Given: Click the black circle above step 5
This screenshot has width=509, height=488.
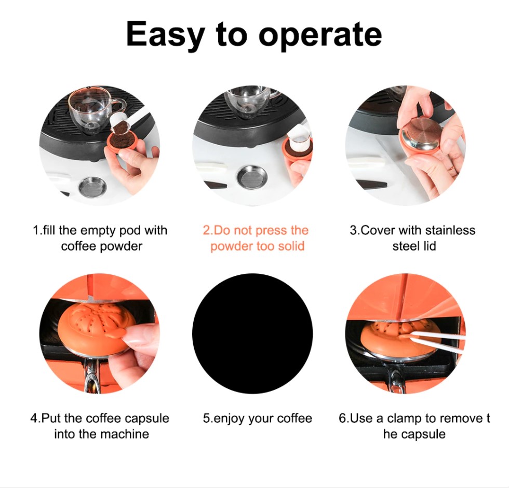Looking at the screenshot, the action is point(252,333).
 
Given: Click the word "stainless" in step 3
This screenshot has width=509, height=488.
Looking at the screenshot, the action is point(450,230).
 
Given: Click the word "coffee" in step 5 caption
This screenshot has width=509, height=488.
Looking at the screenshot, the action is point(294,418).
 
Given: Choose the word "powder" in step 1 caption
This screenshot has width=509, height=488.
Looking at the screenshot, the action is point(121,246).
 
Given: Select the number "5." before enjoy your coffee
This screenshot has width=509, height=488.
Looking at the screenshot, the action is point(207,418).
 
